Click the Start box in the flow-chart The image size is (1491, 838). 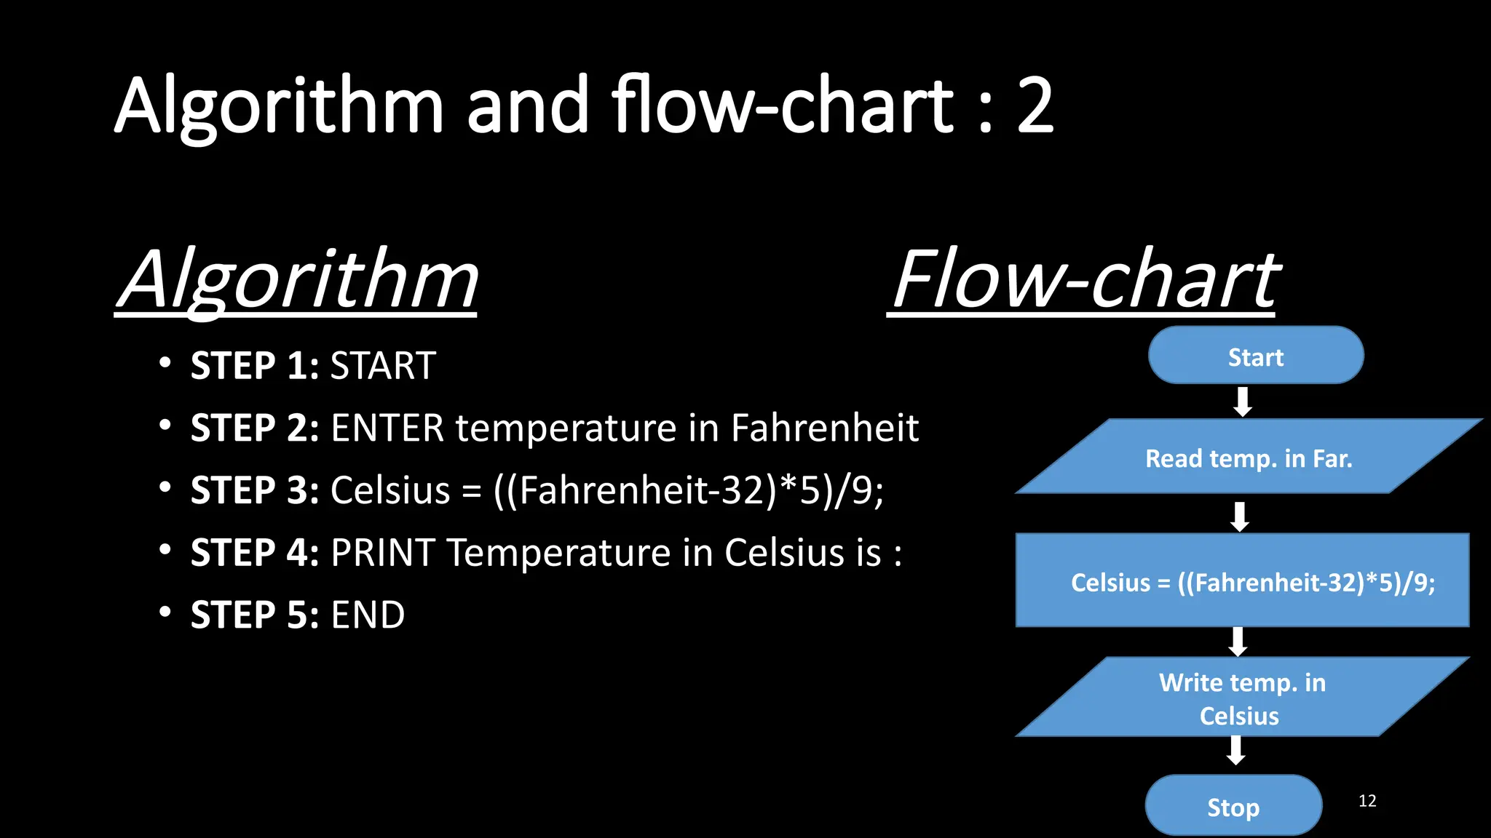pyautogui.click(x=1255, y=356)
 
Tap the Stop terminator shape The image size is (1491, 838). pyautogui.click(x=1233, y=805)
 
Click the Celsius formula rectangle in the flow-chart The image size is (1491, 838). pyautogui.click(x=1242, y=580)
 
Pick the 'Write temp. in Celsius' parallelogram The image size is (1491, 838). pyautogui.click(x=1242, y=697)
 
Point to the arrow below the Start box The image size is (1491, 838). pyautogui.click(x=1243, y=402)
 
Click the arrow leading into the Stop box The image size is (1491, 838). pyautogui.click(x=1235, y=751)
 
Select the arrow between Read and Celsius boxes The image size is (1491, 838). pyautogui.click(x=1240, y=516)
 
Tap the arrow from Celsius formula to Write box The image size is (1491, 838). pyautogui.click(x=1238, y=641)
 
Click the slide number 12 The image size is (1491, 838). pyautogui.click(x=1367, y=801)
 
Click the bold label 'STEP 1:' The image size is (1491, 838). pyautogui.click(x=255, y=365)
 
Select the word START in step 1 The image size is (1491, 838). pyautogui.click(x=383, y=365)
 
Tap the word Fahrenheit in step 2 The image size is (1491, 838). pyautogui.click(x=824, y=428)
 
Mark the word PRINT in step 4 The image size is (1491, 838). pyautogui.click(x=383, y=553)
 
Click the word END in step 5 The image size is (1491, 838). pyautogui.click(x=368, y=615)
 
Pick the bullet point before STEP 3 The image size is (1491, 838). pyautogui.click(x=165, y=487)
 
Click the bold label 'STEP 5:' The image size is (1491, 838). pyautogui.click(x=255, y=615)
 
